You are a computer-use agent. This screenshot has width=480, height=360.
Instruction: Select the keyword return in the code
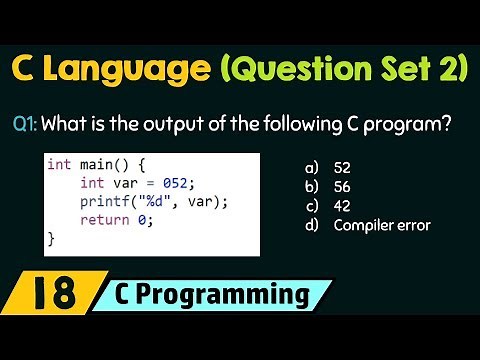coord(103,220)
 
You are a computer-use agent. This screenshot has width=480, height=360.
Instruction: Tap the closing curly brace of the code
coord(52,239)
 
